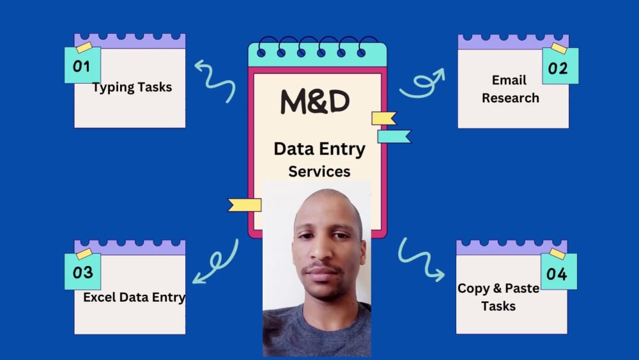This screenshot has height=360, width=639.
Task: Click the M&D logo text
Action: (315, 102)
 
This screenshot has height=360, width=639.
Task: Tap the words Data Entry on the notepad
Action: (319, 149)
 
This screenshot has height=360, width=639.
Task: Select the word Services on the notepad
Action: (319, 171)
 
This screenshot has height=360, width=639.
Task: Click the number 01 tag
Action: (82, 65)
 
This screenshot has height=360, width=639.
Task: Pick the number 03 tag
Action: (82, 272)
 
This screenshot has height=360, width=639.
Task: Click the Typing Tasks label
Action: (132, 87)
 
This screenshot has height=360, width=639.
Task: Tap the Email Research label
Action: (510, 89)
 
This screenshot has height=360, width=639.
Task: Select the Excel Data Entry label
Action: (134, 297)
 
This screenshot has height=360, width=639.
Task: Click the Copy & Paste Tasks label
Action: (498, 297)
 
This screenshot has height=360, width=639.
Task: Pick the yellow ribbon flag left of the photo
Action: (244, 205)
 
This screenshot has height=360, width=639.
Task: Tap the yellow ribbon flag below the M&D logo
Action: (383, 118)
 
